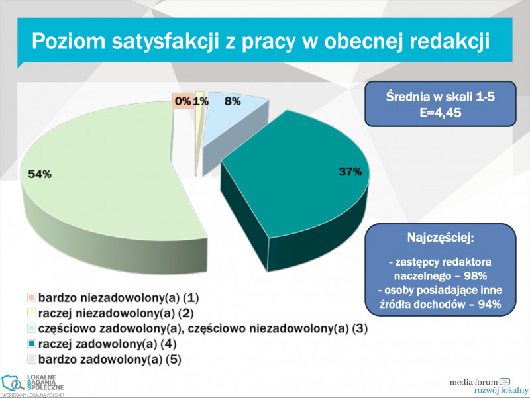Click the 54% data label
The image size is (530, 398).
(x=40, y=174)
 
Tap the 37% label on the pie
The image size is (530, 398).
(x=350, y=172)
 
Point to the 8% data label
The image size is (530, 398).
(x=233, y=101)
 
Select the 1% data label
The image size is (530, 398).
(x=201, y=101)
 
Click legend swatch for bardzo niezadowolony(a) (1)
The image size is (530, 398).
(x=30, y=298)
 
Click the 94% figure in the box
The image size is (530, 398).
(x=486, y=305)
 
